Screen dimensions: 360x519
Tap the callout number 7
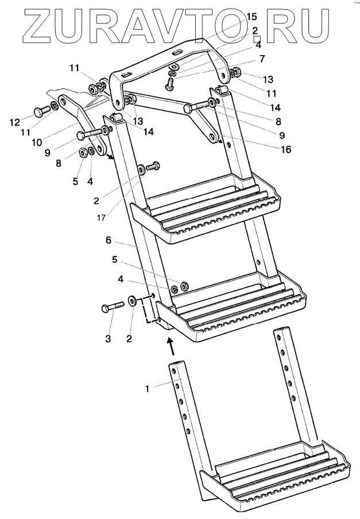(x=261, y=59)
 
